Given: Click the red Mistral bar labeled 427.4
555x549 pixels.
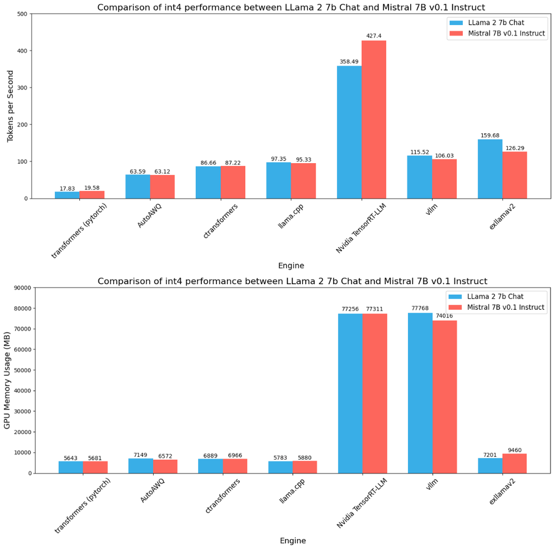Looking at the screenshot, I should (x=374, y=119).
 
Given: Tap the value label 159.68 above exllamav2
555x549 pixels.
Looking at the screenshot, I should (x=490, y=135).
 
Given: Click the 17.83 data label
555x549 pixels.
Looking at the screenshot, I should (x=67, y=188).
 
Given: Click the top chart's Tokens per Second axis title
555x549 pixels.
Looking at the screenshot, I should (x=10, y=106).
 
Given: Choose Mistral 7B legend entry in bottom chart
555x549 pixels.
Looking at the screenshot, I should (x=497, y=307).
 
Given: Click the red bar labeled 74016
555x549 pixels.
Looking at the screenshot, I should (x=445, y=396).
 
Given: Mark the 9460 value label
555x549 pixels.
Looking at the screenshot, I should (x=514, y=450).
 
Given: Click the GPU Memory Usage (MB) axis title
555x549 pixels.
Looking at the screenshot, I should (x=8, y=380).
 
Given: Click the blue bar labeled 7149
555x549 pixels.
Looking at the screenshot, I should (x=140, y=465).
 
